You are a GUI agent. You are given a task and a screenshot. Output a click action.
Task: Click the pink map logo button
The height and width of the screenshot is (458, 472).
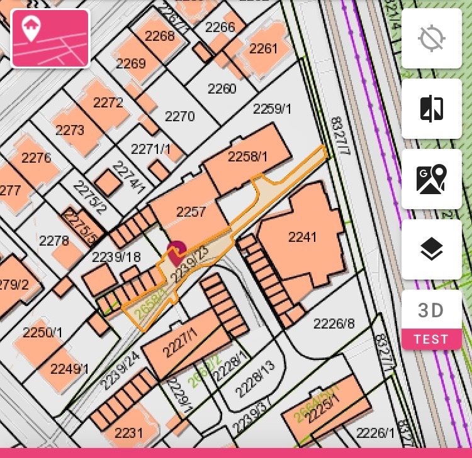(x=50, y=38)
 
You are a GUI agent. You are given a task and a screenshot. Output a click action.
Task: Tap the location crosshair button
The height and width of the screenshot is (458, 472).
(x=432, y=38)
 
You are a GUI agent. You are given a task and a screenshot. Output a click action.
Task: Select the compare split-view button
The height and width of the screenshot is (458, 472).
(x=432, y=109)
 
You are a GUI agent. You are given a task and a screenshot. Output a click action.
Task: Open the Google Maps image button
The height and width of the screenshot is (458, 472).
(x=432, y=179)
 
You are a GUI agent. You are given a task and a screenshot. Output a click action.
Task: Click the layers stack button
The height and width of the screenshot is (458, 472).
(x=432, y=249)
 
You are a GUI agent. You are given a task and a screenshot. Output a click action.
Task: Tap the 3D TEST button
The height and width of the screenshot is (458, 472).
(x=432, y=319)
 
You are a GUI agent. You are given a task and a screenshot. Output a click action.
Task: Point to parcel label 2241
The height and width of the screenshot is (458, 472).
(x=302, y=237)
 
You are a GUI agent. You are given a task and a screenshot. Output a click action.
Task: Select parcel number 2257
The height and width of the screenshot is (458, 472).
(x=191, y=212)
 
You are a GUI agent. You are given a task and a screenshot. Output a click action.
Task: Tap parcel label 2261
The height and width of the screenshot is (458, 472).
(x=264, y=48)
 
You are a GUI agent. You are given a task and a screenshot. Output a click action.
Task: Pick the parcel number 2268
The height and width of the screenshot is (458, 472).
(x=160, y=36)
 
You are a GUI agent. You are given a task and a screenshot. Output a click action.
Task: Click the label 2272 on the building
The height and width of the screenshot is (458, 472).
(x=108, y=102)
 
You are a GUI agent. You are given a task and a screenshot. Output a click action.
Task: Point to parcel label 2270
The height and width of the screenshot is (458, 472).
(x=180, y=116)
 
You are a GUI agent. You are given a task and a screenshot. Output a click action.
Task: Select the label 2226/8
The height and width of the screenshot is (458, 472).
(x=334, y=324)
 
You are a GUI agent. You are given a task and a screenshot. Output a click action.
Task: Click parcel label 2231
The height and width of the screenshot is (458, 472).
(x=129, y=433)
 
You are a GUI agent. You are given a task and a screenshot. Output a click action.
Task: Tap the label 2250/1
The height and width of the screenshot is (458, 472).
(x=43, y=332)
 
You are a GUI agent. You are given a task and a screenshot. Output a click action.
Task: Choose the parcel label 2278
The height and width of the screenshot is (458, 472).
(x=54, y=241)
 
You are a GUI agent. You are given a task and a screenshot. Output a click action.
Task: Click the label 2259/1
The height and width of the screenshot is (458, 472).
(x=273, y=109)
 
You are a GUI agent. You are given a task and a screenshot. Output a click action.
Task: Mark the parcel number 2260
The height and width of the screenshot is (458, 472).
(x=222, y=89)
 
